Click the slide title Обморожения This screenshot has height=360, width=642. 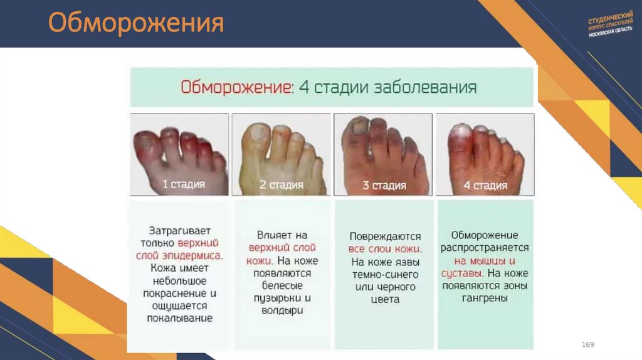click(x=136, y=24)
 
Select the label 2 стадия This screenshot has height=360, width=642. click(x=282, y=184)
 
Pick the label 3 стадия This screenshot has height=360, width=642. click(x=384, y=186)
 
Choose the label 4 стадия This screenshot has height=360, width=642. click(x=485, y=185)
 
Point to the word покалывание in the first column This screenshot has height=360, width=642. click(x=181, y=318)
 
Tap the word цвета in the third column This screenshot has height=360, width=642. click(x=385, y=299)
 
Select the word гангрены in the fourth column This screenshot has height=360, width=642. click(x=485, y=299)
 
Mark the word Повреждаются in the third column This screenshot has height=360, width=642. click(x=385, y=236)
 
